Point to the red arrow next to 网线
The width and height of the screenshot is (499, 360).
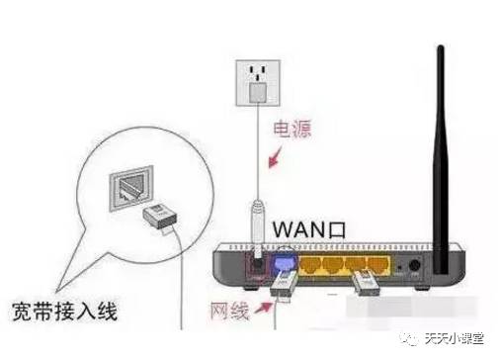pyautogui.click(x=264, y=310)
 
